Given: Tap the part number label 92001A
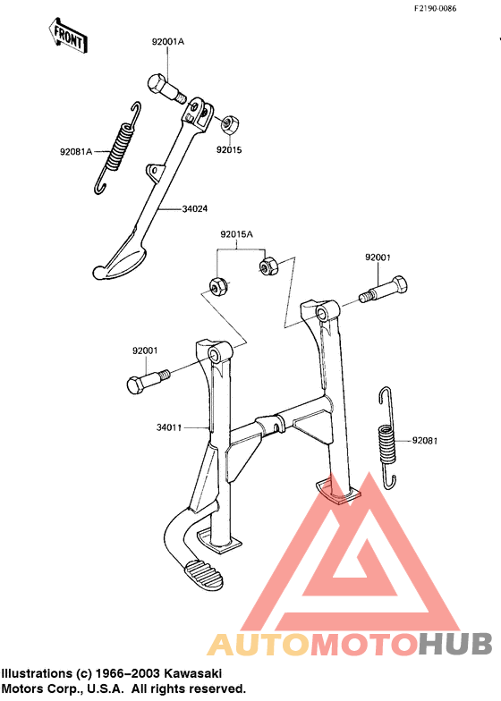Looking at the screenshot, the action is point(168,41).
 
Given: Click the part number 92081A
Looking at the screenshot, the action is point(76,152).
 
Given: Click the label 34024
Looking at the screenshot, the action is point(195,209).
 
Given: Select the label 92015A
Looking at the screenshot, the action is point(236,234).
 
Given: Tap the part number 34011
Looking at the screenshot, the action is point(169,427).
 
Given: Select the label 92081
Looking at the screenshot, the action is point(425,441).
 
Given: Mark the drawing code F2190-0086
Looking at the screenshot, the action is point(435,9).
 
